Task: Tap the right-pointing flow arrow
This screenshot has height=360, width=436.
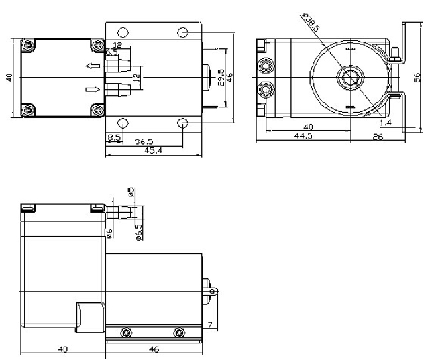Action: click(x=93, y=88)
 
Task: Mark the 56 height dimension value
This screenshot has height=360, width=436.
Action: click(x=417, y=77)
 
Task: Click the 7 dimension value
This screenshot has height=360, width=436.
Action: click(x=210, y=325)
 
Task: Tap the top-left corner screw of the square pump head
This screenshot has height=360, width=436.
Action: click(x=28, y=46)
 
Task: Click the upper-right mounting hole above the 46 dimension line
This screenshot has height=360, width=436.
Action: click(x=183, y=32)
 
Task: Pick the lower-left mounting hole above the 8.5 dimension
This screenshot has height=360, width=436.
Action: click(x=122, y=123)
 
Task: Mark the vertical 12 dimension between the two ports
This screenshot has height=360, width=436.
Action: click(x=136, y=77)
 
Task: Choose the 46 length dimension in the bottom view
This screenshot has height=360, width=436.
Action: click(x=154, y=349)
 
